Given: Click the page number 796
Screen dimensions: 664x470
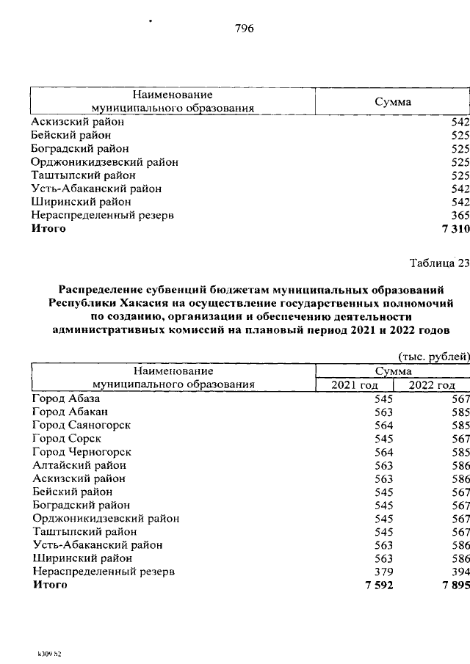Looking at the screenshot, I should point(244,29).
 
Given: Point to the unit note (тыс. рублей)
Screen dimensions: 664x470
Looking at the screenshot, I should point(433,357).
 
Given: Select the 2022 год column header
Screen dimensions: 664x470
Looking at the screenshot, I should point(433,384).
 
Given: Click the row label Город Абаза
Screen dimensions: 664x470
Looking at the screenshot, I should point(65,398).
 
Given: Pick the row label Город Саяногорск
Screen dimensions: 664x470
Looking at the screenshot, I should point(82,425).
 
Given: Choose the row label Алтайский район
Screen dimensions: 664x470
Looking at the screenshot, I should point(79,465).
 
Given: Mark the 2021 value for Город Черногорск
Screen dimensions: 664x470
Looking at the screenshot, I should point(384,452).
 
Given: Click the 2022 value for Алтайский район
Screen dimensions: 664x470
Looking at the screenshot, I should point(460,465).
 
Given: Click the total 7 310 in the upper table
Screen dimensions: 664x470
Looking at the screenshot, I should point(455,229).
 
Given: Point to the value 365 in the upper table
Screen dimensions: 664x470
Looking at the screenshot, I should point(460,216).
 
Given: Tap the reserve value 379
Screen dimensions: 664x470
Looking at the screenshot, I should point(384,572).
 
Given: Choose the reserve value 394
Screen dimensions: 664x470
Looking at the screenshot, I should point(460,572).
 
